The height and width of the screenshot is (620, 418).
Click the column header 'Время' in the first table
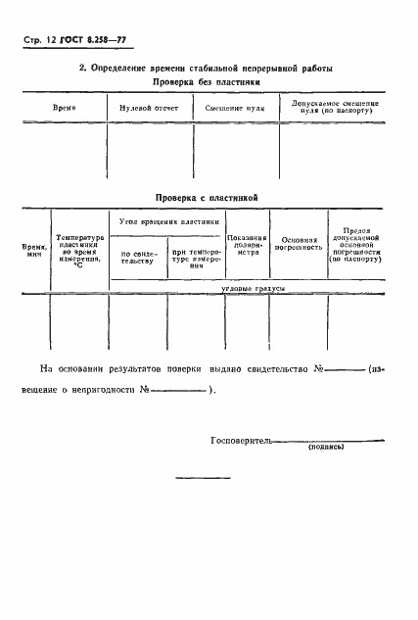pyautogui.click(x=64, y=106)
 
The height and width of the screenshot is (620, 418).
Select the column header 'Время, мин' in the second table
pyautogui.click(x=34, y=251)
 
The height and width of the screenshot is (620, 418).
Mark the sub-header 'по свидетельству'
pyautogui.click(x=138, y=259)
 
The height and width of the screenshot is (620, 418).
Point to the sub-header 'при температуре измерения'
pyautogui.click(x=196, y=259)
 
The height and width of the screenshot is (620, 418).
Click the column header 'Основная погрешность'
pyautogui.click(x=301, y=245)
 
